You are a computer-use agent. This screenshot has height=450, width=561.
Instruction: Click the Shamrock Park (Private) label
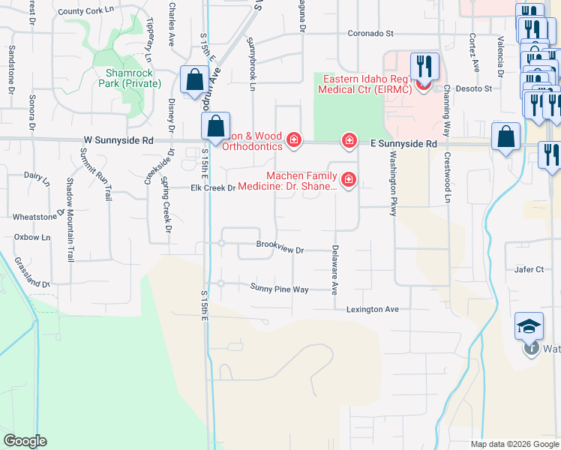point(133,77)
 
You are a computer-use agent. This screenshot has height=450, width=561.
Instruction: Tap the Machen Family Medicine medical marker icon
point(349,180)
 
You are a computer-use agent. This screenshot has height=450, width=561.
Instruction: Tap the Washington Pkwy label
point(391,184)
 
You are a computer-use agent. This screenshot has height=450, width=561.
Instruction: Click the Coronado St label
point(370,34)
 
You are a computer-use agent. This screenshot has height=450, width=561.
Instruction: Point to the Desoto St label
point(478,88)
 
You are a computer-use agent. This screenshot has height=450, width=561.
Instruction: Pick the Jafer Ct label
point(529,269)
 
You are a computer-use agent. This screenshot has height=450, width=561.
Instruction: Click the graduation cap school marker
point(529,326)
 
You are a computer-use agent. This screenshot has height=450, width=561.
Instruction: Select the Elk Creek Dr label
point(193,187)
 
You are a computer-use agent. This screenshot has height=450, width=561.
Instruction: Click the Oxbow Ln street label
point(32,237)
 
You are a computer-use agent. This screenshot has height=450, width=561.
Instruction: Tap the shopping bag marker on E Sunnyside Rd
point(506,137)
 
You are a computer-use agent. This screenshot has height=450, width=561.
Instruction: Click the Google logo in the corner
point(25,440)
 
